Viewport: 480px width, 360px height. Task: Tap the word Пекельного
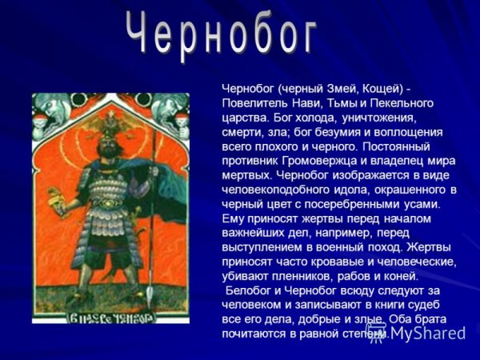tap(404, 103)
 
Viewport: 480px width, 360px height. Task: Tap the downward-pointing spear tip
tap(150, 297)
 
